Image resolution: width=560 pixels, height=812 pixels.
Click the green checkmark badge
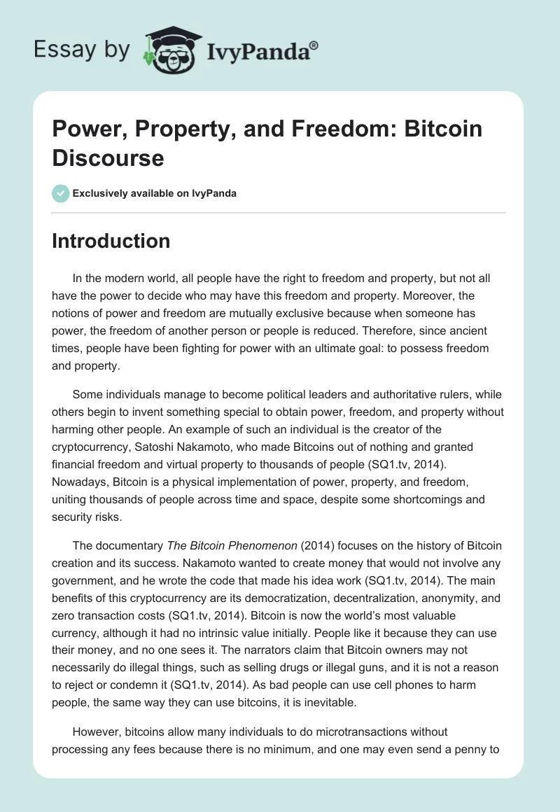pyautogui.click(x=60, y=193)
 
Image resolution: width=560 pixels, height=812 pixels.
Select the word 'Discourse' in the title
pyautogui.click(x=108, y=157)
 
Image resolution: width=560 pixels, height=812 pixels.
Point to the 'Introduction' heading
pyautogui.click(x=111, y=241)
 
